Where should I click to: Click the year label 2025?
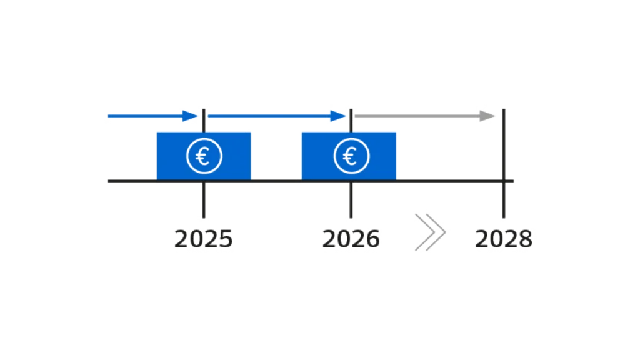(204, 239)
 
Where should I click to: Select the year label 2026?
(351, 239)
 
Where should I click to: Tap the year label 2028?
(504, 239)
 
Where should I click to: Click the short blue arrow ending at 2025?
(147, 116)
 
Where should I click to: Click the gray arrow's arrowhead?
(486, 116)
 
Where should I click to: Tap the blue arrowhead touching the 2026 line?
(339, 116)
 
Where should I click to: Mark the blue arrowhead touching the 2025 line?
(190, 116)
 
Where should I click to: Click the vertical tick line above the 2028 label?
(504, 200)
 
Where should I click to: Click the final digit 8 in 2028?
(525, 239)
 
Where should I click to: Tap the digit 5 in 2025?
(226, 239)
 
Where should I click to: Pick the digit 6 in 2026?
(372, 239)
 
